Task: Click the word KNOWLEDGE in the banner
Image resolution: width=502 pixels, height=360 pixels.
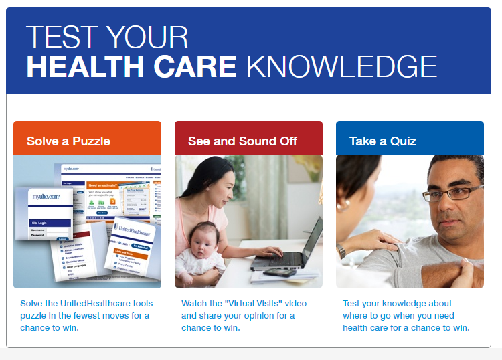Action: pos(341,66)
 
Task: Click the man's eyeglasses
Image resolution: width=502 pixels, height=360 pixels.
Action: pos(456,193)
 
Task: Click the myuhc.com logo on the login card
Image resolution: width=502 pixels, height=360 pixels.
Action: pos(47,197)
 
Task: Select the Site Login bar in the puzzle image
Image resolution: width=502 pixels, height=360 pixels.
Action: pos(50,222)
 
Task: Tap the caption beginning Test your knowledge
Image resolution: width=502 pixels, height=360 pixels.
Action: pos(406,315)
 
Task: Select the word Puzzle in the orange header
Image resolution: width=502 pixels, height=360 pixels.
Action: pos(93,141)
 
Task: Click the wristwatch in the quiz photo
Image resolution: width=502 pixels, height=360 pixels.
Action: pos(343,251)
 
